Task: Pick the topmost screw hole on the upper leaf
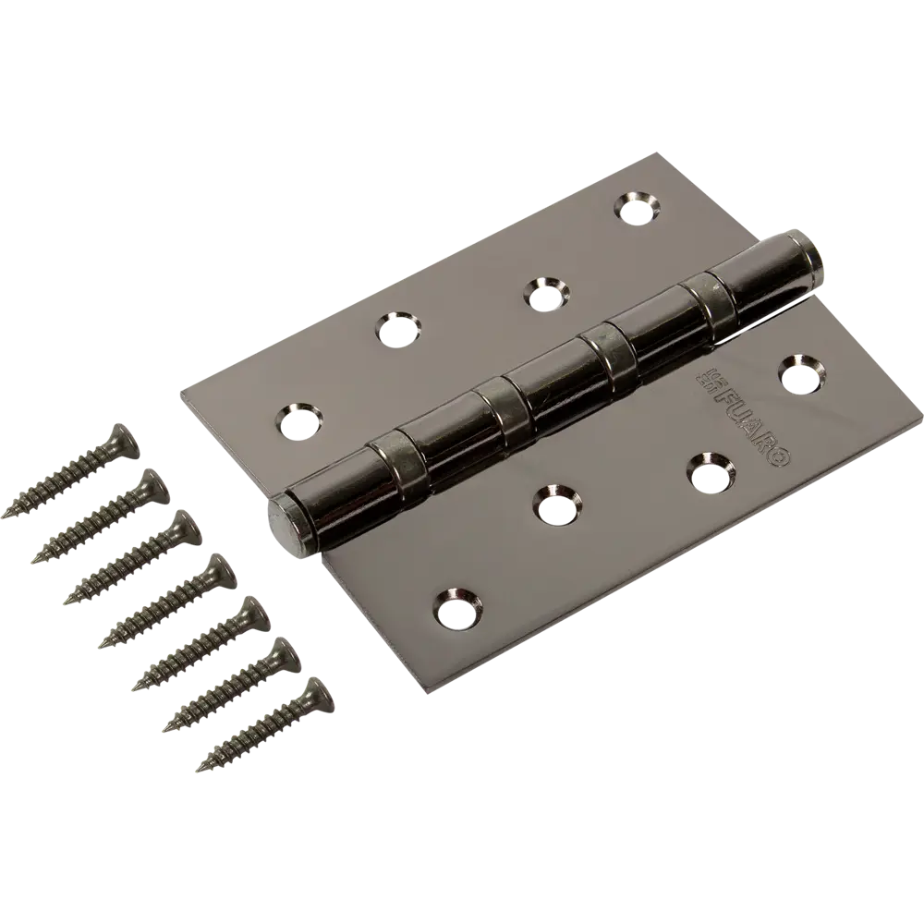635,208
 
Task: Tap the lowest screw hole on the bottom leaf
456,603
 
